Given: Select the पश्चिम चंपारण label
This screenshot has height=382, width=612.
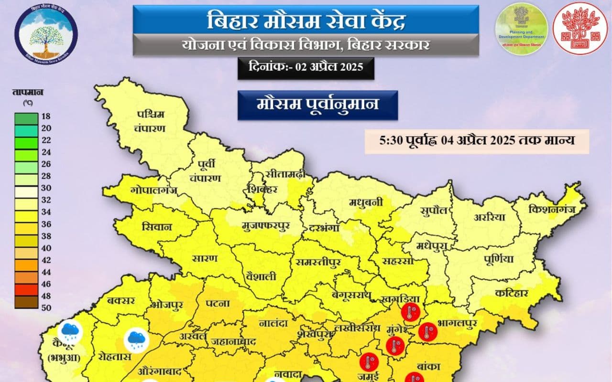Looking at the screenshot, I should pyautogui.click(x=150, y=121).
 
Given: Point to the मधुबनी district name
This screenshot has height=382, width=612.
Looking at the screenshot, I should pyautogui.click(x=366, y=202).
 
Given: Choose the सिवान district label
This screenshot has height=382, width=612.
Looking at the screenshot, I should pyautogui.click(x=156, y=227).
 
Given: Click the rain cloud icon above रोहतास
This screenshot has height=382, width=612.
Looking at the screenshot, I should pyautogui.click(x=135, y=340).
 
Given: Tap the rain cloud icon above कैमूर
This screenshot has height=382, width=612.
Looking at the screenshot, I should pyautogui.click(x=70, y=330).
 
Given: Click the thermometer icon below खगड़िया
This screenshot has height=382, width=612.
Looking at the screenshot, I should pyautogui.click(x=410, y=312).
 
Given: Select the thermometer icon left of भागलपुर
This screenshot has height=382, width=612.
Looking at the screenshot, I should pyautogui.click(x=427, y=331).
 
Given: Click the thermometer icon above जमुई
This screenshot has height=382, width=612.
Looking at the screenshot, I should pyautogui.click(x=369, y=361).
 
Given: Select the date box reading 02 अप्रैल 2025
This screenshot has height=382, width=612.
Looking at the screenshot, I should pyautogui.click(x=306, y=67).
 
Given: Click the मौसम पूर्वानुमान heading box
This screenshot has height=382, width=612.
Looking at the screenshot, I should pyautogui.click(x=317, y=104).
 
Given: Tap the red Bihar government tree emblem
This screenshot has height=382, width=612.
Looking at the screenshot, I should pyautogui.click(x=579, y=29).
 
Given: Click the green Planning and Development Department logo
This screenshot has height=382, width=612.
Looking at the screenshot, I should pyautogui.click(x=521, y=29).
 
